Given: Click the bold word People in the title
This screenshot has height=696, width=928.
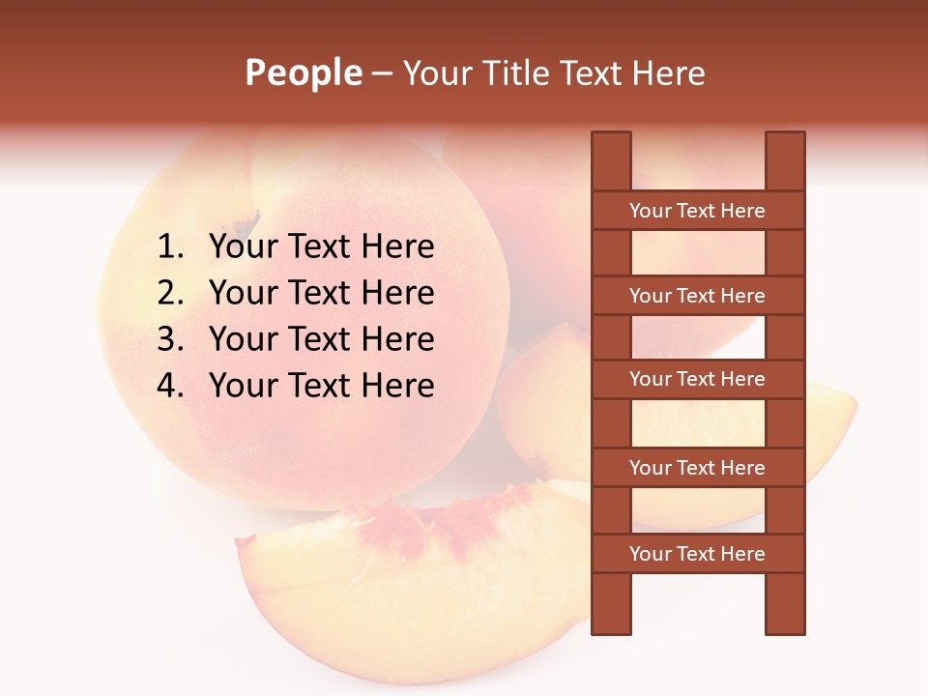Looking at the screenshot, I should point(304,72).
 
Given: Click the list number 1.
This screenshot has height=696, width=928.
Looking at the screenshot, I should point(170,247).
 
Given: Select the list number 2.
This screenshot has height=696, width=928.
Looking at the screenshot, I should point(170,293).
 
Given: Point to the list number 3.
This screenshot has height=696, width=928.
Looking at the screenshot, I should point(170,339).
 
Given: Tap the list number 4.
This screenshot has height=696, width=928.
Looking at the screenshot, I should point(170,386).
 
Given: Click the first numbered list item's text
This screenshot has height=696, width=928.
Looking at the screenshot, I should point(321,247).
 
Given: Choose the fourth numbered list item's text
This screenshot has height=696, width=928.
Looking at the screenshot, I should point(321,386).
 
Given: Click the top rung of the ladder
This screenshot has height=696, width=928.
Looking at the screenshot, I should point(697,211).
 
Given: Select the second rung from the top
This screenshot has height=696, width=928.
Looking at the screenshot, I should point(697,296).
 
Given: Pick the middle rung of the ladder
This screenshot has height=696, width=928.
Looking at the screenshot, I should point(697,380).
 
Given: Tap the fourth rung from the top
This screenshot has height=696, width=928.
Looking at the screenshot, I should point(697,468).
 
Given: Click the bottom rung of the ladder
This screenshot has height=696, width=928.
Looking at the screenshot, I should point(697,554).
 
